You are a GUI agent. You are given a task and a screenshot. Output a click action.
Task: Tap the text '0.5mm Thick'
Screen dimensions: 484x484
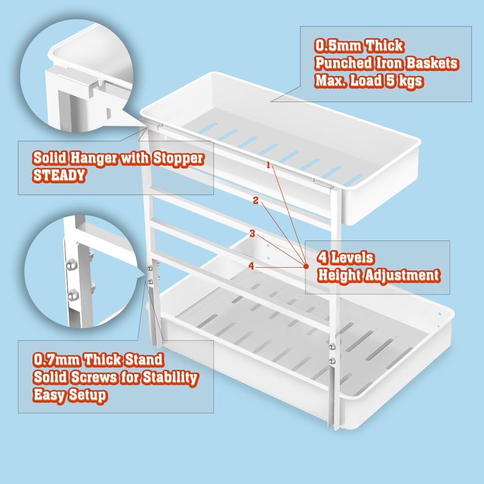(359, 46)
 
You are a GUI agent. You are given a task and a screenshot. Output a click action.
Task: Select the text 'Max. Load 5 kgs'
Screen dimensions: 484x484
(369, 81)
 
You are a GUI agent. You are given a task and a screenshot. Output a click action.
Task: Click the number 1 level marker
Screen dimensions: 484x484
(268, 165)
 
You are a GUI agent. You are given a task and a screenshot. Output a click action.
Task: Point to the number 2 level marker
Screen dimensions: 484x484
(256, 199)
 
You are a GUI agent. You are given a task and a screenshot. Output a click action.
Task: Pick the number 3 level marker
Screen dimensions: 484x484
(252, 233)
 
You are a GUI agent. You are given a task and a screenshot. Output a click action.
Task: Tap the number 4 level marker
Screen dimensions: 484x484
(251, 265)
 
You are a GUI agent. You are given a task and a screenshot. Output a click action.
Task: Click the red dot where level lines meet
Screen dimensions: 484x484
(306, 265)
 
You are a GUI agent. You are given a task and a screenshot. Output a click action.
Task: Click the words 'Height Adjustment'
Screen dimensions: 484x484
(378, 275)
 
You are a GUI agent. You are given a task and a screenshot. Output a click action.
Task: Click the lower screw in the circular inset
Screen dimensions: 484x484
(74, 293)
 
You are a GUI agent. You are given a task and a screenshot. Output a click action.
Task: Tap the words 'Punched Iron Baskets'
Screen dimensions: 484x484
(386, 63)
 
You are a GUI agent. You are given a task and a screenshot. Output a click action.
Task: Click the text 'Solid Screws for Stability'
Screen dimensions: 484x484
(115, 378)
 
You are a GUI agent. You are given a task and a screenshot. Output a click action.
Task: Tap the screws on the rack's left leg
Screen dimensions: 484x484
(151, 274)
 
